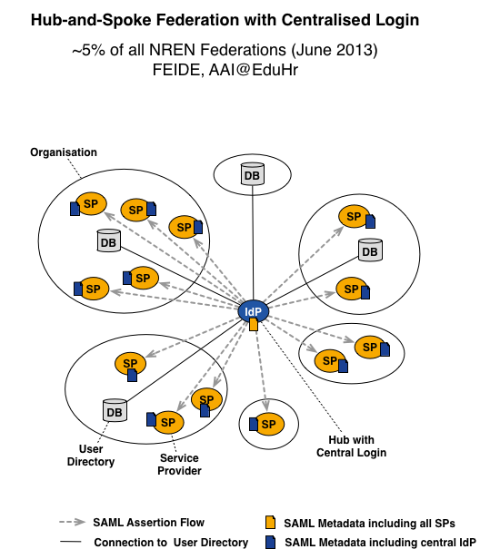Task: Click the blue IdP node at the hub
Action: click(x=254, y=311)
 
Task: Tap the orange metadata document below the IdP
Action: click(x=254, y=325)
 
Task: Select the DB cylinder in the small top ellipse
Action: click(x=253, y=174)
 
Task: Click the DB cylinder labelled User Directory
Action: click(x=115, y=410)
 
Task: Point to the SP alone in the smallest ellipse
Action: click(x=268, y=424)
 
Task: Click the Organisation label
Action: click(x=64, y=152)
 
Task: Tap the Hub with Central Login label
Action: click(x=352, y=446)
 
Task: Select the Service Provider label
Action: click(x=179, y=465)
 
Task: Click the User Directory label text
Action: click(x=91, y=456)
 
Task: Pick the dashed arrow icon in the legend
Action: click(x=73, y=523)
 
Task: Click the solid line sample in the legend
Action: click(x=71, y=543)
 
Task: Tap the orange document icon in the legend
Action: click(x=270, y=523)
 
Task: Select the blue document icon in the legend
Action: click(x=270, y=543)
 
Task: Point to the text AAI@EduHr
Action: click(x=254, y=70)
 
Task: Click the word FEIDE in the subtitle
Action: click(x=178, y=70)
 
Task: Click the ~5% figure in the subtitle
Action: click(x=88, y=50)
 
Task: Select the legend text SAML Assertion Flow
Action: click(x=148, y=523)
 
